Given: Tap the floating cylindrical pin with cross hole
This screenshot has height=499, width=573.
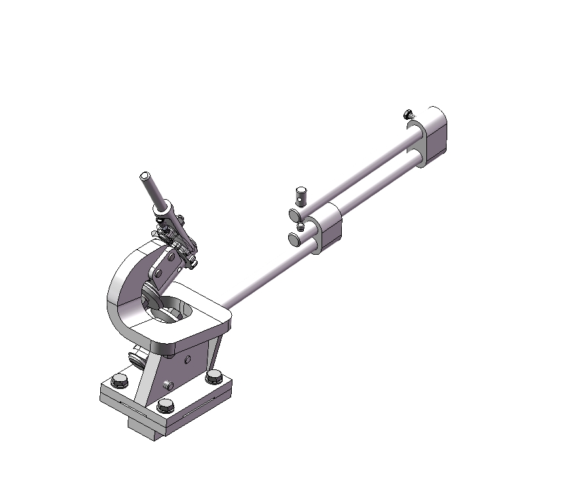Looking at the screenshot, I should pyautogui.click(x=301, y=194).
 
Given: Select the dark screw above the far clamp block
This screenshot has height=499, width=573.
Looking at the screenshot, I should pyautogui.click(x=409, y=115).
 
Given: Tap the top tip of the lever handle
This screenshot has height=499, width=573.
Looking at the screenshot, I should pyautogui.click(x=145, y=176).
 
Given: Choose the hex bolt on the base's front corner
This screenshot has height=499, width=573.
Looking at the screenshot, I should pyautogui.click(x=166, y=405).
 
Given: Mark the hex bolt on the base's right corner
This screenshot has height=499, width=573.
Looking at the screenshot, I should pyautogui.click(x=213, y=377).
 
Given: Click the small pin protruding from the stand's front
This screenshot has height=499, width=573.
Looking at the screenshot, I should pyautogui.click(x=168, y=383).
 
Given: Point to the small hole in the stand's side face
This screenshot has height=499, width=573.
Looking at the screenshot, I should pyautogui.click(x=187, y=359).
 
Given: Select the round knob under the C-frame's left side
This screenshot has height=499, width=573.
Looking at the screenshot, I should pyautogui.click(x=136, y=358).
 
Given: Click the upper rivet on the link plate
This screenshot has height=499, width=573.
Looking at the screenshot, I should pyautogui.click(x=172, y=257).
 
